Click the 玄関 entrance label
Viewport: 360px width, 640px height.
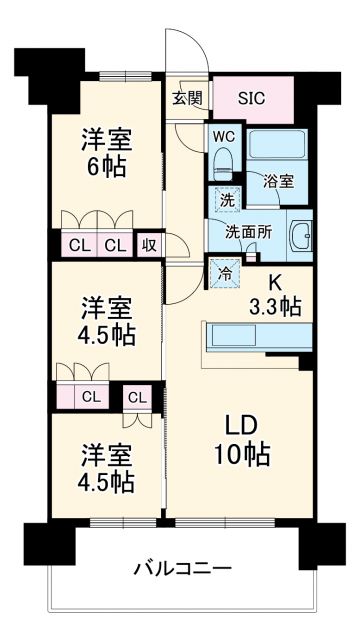pyautogui.click(x=186, y=98)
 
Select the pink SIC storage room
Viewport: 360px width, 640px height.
pyautogui.click(x=252, y=98)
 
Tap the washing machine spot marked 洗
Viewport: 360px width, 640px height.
pyautogui.click(x=227, y=198)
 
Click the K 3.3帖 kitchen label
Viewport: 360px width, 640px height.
pyautogui.click(x=272, y=294)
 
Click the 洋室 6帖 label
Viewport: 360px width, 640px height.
pyautogui.click(x=107, y=153)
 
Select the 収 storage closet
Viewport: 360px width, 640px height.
pyautogui.click(x=147, y=243)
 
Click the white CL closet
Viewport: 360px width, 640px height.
pyautogui.click(x=137, y=397)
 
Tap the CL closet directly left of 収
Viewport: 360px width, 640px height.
pyautogui.click(x=114, y=243)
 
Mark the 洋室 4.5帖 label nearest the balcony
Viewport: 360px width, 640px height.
pyautogui.click(x=107, y=467)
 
